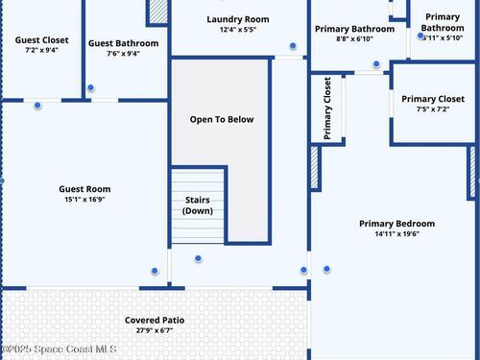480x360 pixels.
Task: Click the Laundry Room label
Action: [238, 19]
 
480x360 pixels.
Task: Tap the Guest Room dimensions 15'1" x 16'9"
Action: [84, 200]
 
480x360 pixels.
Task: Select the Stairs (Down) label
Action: [198, 205]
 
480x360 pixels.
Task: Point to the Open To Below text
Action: [222, 119]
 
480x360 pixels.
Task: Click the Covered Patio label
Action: [155, 320]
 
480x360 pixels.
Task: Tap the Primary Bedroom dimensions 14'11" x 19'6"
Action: [397, 234]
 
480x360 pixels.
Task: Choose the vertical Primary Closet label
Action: [327, 108]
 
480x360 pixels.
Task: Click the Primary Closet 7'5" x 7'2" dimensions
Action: [433, 109]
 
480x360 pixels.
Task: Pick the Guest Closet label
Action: [42, 40]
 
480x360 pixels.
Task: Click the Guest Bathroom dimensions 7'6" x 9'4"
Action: [124, 54]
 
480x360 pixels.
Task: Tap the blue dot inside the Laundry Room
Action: [293, 46]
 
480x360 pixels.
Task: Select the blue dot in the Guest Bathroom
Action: [90, 87]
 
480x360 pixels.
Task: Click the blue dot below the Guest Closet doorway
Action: [37, 105]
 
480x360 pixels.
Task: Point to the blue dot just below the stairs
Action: [198, 258]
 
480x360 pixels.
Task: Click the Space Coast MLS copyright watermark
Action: [59, 348]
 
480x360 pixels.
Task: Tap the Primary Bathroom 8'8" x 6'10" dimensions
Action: [354, 39]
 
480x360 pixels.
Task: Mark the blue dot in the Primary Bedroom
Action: [326, 269]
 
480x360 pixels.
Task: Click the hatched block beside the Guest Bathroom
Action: [158, 12]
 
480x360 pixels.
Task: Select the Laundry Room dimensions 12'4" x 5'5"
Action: [238, 30]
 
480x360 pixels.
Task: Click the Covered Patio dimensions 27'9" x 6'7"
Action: [155, 330]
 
